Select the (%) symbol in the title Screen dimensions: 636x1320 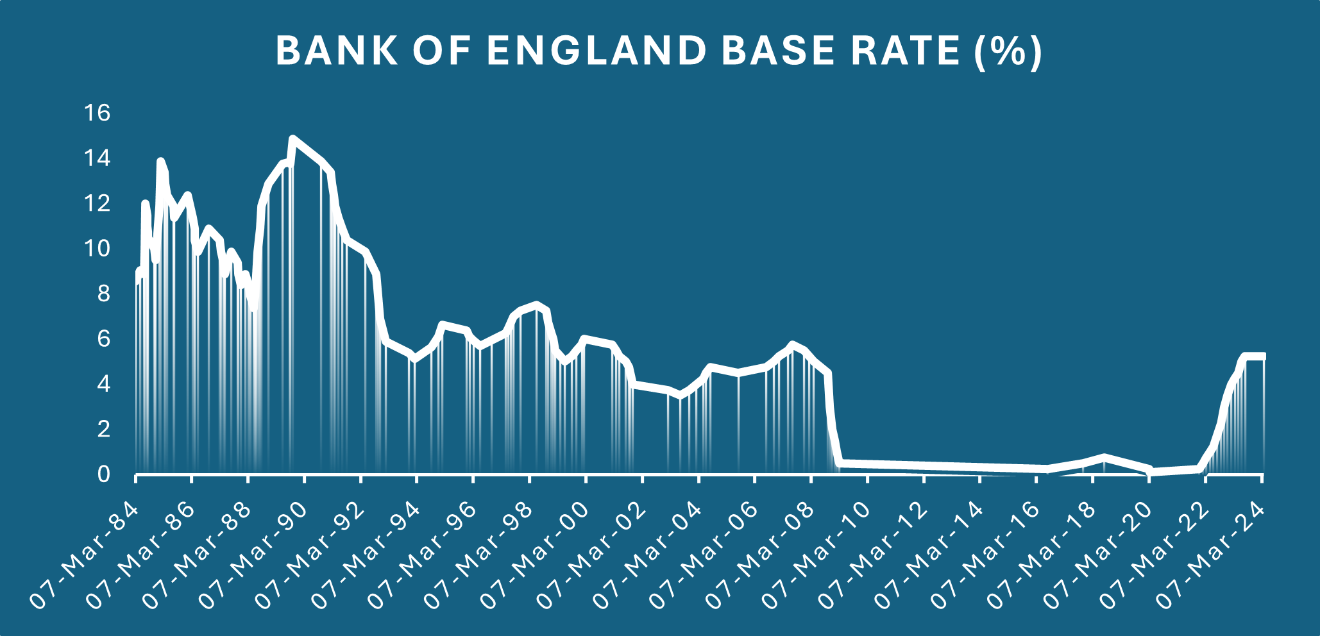[x=1008, y=51]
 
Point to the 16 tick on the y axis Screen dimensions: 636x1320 [x=97, y=113]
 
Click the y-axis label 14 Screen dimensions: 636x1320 [x=97, y=158]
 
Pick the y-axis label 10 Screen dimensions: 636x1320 [x=97, y=249]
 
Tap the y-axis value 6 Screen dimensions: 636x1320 [x=103, y=339]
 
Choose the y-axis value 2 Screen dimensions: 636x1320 [x=103, y=430]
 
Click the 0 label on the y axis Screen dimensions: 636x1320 [x=103, y=475]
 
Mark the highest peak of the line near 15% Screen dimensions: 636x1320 [x=293, y=138]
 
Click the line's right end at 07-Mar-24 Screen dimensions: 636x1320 [x=1262, y=356]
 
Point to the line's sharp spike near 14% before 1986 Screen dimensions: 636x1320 [x=160, y=161]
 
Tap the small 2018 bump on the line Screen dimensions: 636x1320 [x=1104, y=457]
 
